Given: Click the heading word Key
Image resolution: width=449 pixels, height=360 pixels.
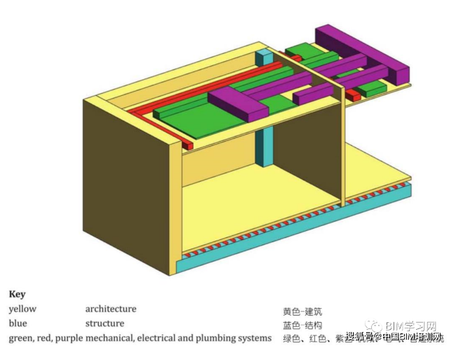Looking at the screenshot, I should pyautogui.click(x=17, y=295).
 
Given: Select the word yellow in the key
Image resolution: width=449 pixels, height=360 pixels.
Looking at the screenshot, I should pyautogui.click(x=22, y=309).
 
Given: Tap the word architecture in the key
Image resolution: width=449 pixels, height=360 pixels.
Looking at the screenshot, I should pyautogui.click(x=111, y=309).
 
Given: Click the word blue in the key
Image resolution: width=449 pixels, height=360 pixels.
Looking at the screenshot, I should pyautogui.click(x=18, y=324).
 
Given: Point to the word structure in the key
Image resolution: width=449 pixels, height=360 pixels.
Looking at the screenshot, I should pyautogui.click(x=105, y=324).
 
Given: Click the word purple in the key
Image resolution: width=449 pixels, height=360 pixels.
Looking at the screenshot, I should pyautogui.click(x=69, y=338).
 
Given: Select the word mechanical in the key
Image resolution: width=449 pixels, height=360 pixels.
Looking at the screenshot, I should pyautogui.click(x=109, y=338).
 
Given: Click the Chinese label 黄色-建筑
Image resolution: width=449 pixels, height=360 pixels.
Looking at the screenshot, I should pyautogui.click(x=302, y=311).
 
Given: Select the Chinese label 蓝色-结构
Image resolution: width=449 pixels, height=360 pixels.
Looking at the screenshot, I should pyautogui.click(x=302, y=325).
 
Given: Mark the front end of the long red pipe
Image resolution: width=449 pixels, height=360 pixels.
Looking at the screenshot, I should pyautogui.click(x=189, y=143).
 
